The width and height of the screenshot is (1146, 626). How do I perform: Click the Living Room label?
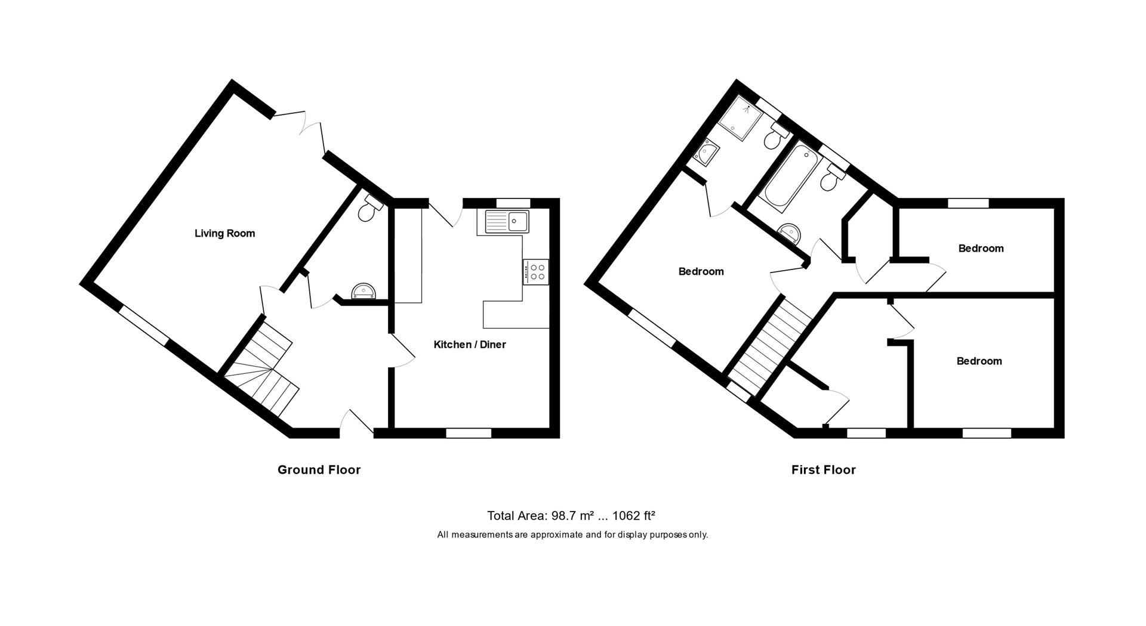tap(224, 233)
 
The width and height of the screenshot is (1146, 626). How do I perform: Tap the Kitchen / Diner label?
tap(469, 345)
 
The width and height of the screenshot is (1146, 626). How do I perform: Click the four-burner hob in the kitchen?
tap(537, 272)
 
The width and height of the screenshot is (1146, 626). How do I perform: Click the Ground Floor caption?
tap(319, 470)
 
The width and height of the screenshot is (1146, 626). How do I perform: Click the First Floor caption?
tap(823, 470)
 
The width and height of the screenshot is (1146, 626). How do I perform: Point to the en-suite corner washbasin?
tap(706, 153)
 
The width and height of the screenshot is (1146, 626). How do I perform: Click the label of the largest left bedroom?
tap(701, 271)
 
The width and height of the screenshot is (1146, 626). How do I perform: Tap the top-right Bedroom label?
tap(981, 248)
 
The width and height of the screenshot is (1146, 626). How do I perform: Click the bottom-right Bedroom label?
tap(979, 361)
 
